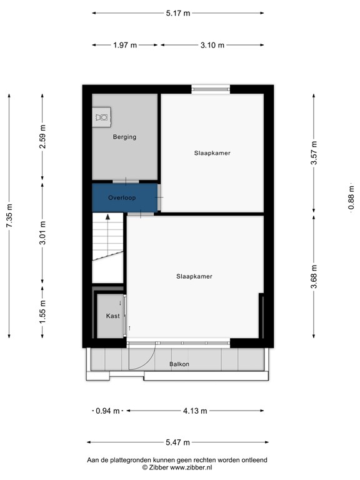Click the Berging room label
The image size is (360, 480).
tap(124, 137)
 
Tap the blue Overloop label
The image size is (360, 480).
tap(122, 197)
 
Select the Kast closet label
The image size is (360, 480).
tap(112, 316)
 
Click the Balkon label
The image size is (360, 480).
tap(179, 364)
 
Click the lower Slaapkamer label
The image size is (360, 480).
tap(194, 276)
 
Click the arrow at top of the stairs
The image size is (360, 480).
tap(108, 217)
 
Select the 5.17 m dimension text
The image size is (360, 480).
tap(177, 12)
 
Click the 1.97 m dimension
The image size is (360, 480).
tap(125, 45)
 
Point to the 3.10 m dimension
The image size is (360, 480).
tap(212, 45)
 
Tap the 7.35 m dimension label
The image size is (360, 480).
tap(9, 216)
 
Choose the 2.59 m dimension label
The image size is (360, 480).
tap(42, 137)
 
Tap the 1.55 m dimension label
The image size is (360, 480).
tap(42, 310)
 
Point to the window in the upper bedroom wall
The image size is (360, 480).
tap(210, 89)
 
